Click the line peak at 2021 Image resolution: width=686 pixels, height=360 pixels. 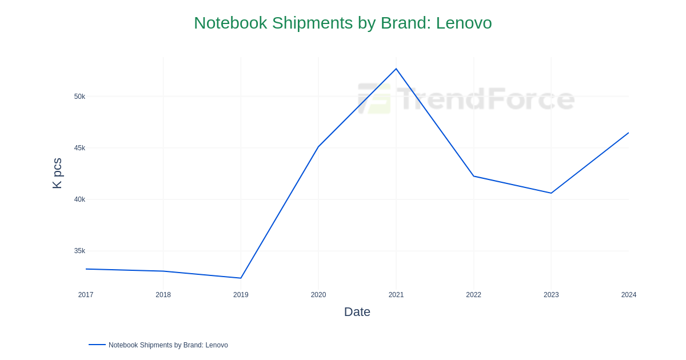pyautogui.click(x=396, y=69)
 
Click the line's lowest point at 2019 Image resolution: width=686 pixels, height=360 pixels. pyautogui.click(x=241, y=278)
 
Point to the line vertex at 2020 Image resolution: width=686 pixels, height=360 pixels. pyautogui.click(x=318, y=147)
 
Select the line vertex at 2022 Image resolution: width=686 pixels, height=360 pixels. pyautogui.click(x=473, y=176)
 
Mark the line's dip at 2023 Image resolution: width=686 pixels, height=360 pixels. pyautogui.click(x=551, y=193)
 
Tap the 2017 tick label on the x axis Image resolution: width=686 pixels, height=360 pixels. pyautogui.click(x=86, y=295)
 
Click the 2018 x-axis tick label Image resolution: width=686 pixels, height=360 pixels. pyautogui.click(x=163, y=295)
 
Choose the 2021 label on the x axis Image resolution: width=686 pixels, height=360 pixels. pyautogui.click(x=396, y=295)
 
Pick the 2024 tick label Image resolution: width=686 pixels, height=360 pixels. pyautogui.click(x=629, y=295)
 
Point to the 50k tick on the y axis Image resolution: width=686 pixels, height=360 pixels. pyautogui.click(x=79, y=97)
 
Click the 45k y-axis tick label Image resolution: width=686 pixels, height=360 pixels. pyautogui.click(x=79, y=148)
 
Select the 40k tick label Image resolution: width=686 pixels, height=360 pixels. pyautogui.click(x=79, y=199)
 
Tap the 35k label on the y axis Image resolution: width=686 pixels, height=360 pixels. pyautogui.click(x=79, y=251)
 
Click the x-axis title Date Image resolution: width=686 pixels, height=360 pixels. pyautogui.click(x=357, y=312)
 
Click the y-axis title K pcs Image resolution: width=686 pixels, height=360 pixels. pyautogui.click(x=57, y=173)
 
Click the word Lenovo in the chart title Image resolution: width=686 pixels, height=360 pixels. pyautogui.click(x=464, y=23)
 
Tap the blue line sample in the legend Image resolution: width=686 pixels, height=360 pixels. pyautogui.click(x=97, y=345)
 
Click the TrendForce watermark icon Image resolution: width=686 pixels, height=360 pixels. pyautogui.click(x=374, y=99)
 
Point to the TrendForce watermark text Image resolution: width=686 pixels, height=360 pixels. pyautogui.click(x=485, y=99)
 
